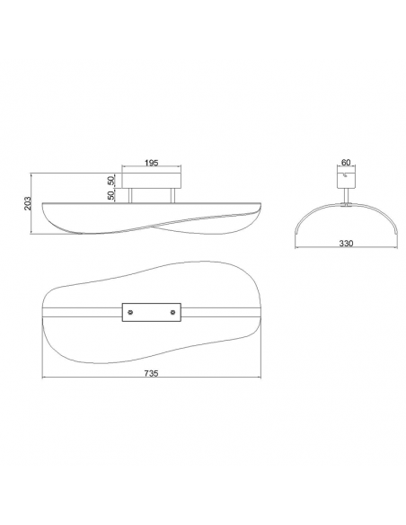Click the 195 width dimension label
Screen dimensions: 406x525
click(x=151, y=163)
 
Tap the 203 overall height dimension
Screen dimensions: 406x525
click(x=28, y=203)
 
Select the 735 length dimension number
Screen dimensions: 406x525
click(x=151, y=373)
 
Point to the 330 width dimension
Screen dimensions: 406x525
click(x=346, y=244)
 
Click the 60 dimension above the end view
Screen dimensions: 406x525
click(x=346, y=163)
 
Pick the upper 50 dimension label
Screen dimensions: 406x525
click(x=111, y=181)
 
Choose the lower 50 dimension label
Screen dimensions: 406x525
click(x=111, y=195)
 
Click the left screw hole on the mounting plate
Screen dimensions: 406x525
click(x=131, y=312)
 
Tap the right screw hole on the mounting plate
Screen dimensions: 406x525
click(x=172, y=312)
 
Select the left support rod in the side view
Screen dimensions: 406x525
click(x=130, y=196)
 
